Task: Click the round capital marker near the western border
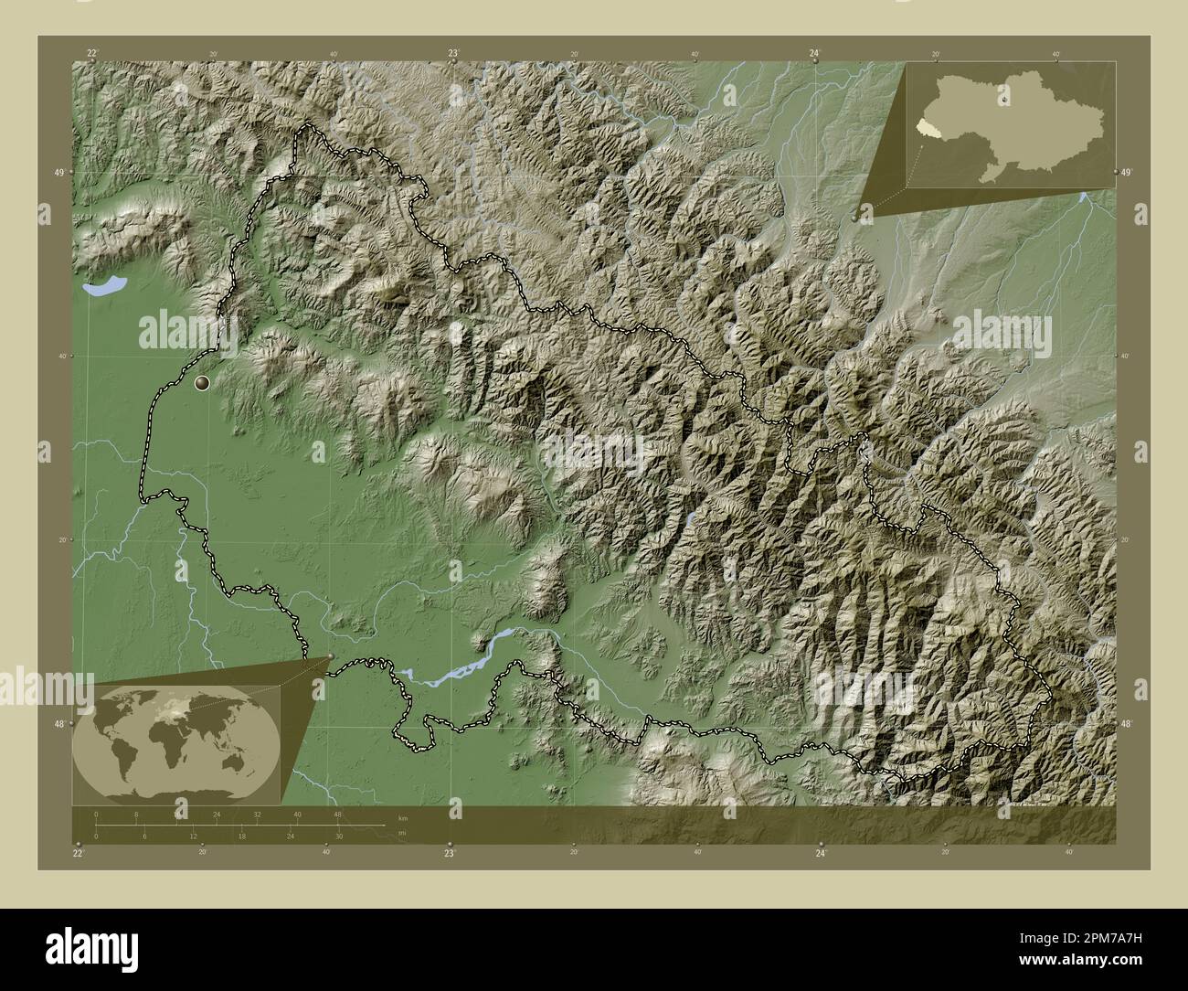click(203, 384)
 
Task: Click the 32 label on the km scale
click(257, 814)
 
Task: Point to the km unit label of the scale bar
click(402, 816)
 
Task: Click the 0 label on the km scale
click(96, 814)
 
